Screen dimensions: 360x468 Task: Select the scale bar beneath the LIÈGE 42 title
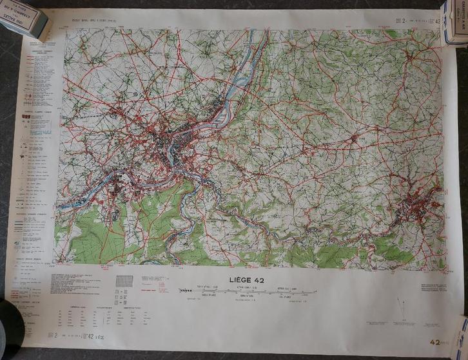pyautogui.click(x=248, y=290)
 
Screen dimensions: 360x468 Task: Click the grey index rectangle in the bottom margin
pyautogui.click(x=124, y=281)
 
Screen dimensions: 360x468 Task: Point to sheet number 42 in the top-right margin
pyautogui.click(x=440, y=21)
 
